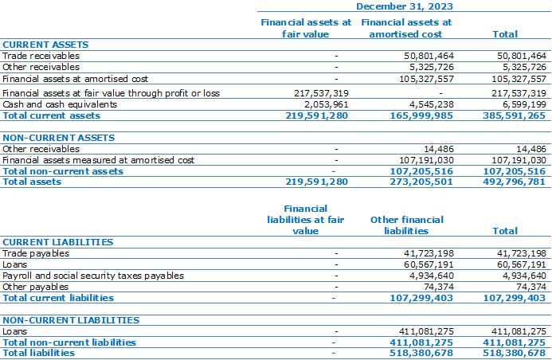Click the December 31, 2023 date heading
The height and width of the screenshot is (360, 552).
[404, 6]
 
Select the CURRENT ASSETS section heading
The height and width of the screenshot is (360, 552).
[45, 45]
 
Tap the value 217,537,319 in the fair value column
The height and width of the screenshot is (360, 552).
[321, 93]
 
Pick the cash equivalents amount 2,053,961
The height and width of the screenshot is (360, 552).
[327, 104]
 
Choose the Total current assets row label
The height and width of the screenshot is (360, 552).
[52, 115]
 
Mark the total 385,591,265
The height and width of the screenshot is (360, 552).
[514, 115]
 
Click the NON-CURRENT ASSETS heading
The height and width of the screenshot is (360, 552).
[59, 138]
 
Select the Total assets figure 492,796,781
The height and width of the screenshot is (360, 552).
[514, 182]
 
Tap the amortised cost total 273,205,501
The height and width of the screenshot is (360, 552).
[421, 182]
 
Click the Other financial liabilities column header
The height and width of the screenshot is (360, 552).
[406, 225]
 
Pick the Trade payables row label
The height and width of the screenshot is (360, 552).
[36, 253]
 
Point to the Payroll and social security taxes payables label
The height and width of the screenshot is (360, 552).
[93, 276]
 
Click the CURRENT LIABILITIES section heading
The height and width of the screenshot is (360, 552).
[58, 242]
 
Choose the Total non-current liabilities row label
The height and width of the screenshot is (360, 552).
[69, 342]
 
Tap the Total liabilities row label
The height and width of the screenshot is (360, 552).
[39, 353]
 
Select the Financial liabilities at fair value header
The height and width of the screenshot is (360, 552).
[305, 220]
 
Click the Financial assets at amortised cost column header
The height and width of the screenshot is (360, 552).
[406, 28]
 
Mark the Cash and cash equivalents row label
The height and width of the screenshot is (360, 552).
[60, 104]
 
